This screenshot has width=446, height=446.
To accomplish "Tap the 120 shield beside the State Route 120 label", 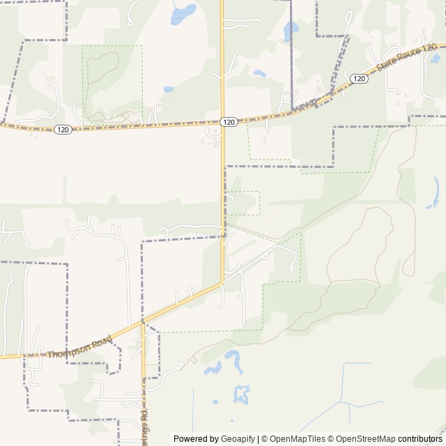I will pos(359,79).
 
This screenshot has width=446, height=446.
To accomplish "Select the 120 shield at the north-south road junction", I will pos(229,122).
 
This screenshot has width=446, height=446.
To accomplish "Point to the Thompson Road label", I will pos(79,346).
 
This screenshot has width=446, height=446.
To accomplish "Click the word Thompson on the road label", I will pos(69,350).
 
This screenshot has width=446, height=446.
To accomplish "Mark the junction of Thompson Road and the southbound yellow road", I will pos(143,322).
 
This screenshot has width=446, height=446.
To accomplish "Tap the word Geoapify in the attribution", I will pos(236,439).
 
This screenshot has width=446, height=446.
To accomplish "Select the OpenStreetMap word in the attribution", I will pos(365,439).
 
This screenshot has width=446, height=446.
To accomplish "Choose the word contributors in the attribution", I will pos(420,439).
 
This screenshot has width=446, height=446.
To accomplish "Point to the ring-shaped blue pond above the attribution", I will pos(242,394).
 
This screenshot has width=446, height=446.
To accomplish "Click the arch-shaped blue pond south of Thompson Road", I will pos(232,361).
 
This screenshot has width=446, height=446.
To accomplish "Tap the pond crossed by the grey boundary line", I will pos(290,31).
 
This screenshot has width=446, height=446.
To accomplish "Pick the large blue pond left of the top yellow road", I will pos(183,13).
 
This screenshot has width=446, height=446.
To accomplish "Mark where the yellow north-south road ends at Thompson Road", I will pos(222,282).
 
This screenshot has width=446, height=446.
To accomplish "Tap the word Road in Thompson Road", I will pos(100,341).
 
